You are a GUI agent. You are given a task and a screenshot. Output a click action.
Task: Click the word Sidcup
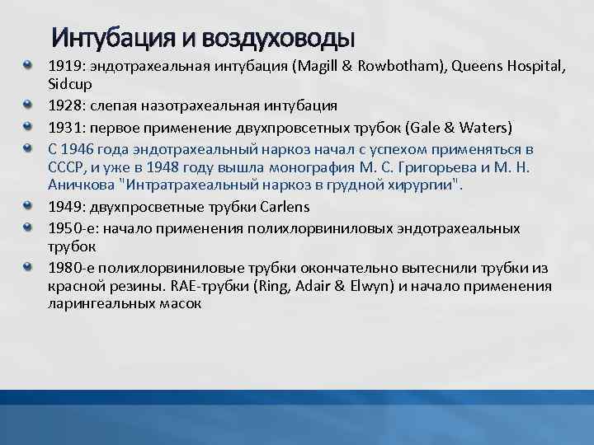tap(70, 84)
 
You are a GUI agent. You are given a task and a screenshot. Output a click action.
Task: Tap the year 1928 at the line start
tap(64, 105)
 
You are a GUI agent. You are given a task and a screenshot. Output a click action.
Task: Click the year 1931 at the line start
tap(64, 127)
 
